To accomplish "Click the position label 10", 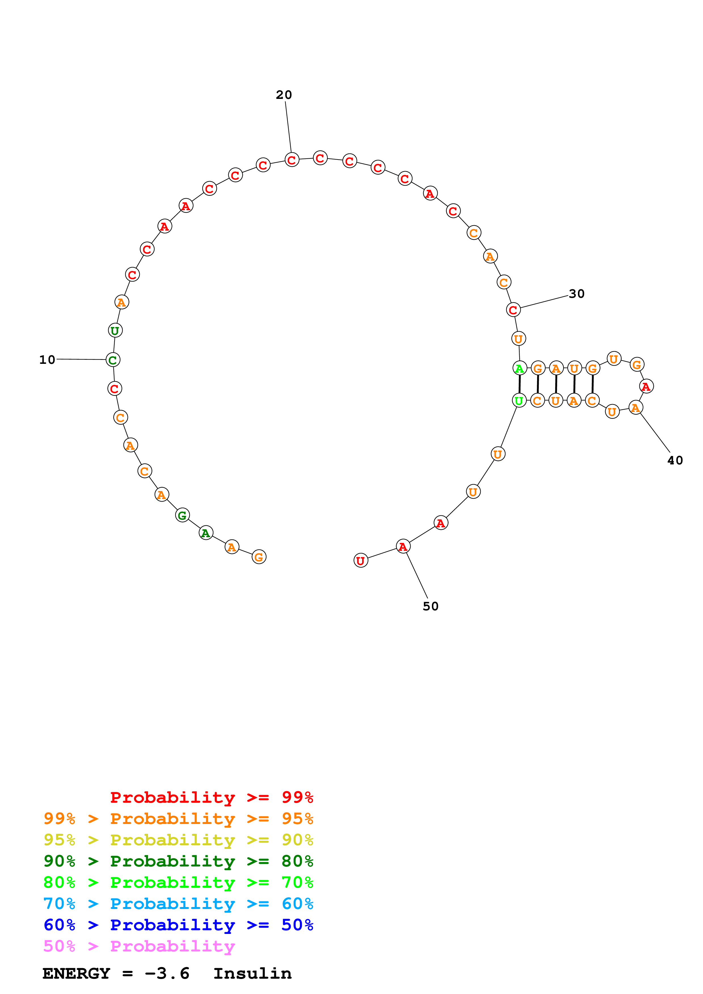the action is [x=47, y=360].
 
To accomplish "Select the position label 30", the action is [x=577, y=294].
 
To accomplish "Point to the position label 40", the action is [x=675, y=460].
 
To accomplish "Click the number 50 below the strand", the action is [x=430, y=606].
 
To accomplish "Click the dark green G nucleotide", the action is [x=182, y=515].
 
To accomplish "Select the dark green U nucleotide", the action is [x=115, y=330].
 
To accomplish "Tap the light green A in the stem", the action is [x=519, y=368].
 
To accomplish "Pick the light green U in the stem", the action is [x=519, y=400].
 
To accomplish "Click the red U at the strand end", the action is [x=360, y=561].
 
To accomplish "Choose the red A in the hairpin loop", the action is [x=646, y=386].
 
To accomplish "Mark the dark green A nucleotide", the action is [x=206, y=533].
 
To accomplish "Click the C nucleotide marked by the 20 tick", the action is [x=292, y=160].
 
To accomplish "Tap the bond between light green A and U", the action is [x=519, y=385].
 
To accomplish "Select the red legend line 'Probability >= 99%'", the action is [x=211, y=797].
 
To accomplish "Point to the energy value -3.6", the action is [x=167, y=973].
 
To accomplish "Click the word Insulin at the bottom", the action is [x=252, y=973].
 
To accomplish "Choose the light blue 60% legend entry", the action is [x=178, y=904].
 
